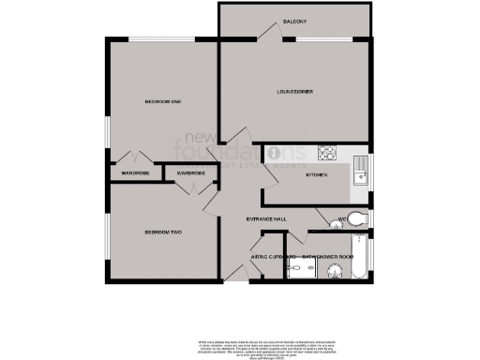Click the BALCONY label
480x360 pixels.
pos(290,22)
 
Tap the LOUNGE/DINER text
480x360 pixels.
pos(294,91)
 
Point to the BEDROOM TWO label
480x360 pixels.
pos(162,232)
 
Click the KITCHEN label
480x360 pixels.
pos(316,175)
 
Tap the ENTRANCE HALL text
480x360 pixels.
pos(266,219)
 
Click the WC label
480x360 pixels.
pos(343,221)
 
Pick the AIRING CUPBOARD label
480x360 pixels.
pos(273,256)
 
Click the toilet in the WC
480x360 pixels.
pos(361,217)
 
